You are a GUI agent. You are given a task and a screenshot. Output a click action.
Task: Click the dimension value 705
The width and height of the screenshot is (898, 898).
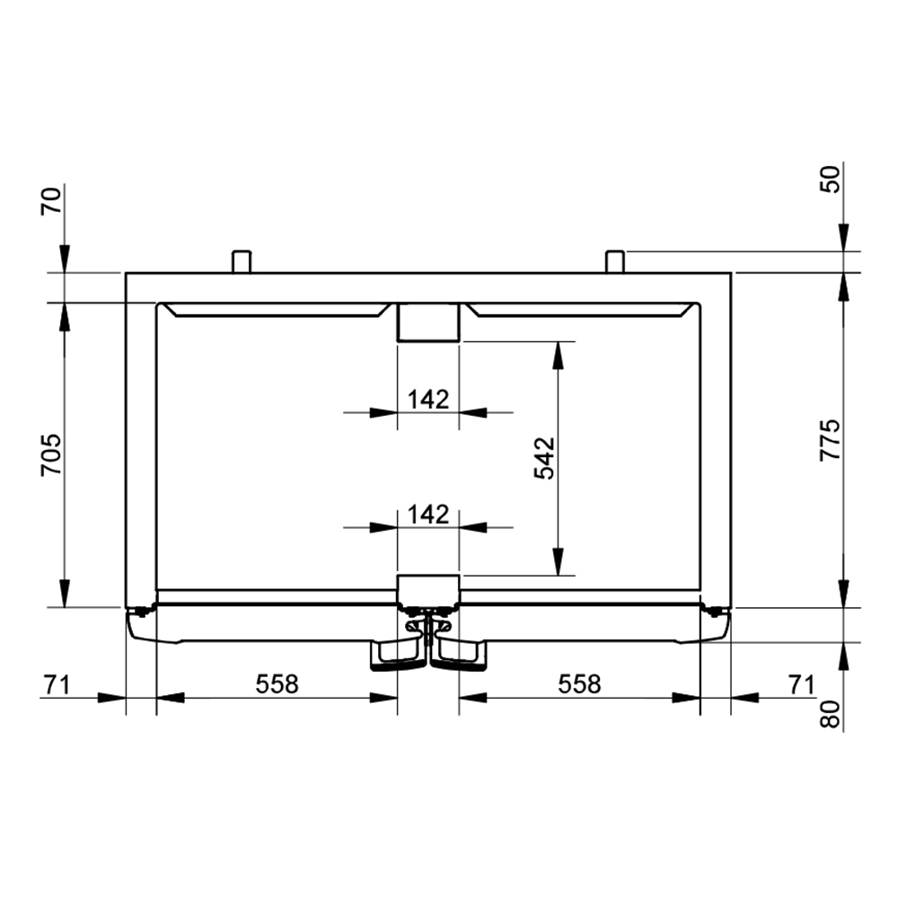pos(51,454)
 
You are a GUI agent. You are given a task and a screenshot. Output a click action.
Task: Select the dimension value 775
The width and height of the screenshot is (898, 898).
pos(830,440)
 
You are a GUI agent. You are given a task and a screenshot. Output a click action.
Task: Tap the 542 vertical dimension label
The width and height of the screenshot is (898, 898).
pos(544,458)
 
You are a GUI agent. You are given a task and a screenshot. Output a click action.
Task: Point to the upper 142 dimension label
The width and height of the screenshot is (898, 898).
pos(428,400)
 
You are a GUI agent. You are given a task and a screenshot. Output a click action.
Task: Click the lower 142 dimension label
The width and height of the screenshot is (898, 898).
pos(428,515)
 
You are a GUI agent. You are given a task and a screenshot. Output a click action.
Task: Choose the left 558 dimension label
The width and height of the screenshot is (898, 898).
pos(277,683)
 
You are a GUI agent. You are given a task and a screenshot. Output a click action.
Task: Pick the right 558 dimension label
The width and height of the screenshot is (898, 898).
pos(579,683)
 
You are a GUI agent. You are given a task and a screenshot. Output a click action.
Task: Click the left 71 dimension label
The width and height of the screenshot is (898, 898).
pos(56,684)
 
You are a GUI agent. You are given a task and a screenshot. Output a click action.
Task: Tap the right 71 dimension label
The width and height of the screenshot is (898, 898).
pos(801,684)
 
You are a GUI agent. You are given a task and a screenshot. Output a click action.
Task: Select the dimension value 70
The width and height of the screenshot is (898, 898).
pos(51,200)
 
